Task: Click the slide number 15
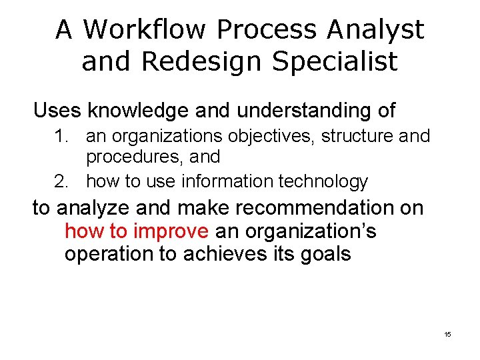(x=447, y=333)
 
